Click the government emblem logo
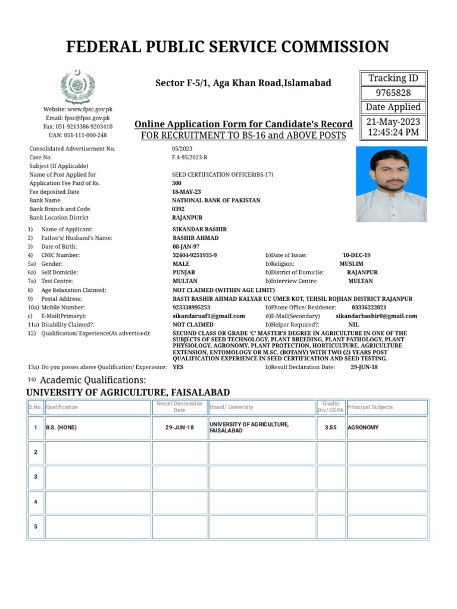pos(77,87)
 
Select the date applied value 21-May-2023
pos(393,121)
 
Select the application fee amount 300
pos(177,183)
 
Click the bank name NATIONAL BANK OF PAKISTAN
pos(216,200)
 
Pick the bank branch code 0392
pos(179,209)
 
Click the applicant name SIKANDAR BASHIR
pos(199,229)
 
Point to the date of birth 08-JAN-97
pos(186,246)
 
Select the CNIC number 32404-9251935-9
pos(195,255)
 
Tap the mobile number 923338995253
pos(191,307)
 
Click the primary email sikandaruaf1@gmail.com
pos(208,316)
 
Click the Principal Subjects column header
pos(370,407)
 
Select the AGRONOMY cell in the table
pos(362,428)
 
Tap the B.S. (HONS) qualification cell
pos(62,428)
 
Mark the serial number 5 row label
pos(36,527)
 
